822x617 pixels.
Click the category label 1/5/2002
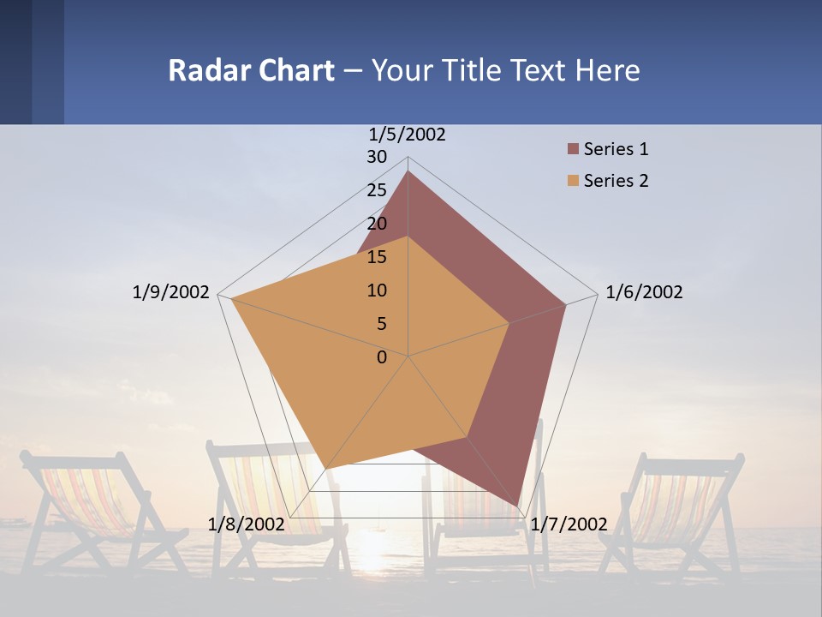408,135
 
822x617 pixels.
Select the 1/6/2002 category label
644,292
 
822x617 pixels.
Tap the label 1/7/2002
569,524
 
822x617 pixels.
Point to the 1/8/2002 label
246,524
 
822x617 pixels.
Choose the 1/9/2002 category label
171,292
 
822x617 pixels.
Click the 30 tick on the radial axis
377,157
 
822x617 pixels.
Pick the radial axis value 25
377,190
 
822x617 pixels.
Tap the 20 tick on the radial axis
377,224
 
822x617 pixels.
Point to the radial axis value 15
377,257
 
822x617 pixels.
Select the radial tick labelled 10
377,291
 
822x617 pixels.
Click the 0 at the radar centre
382,357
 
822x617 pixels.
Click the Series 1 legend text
616,149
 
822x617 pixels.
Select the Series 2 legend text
616,181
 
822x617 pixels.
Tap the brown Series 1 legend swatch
573,150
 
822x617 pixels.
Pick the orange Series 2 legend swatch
573,181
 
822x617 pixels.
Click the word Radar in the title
204,70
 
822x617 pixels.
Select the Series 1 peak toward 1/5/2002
408,171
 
